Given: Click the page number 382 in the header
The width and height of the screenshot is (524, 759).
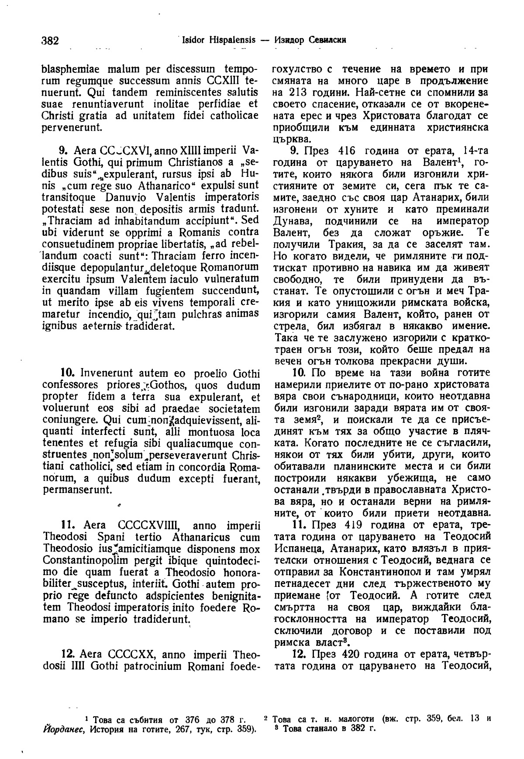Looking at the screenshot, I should point(50,41).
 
